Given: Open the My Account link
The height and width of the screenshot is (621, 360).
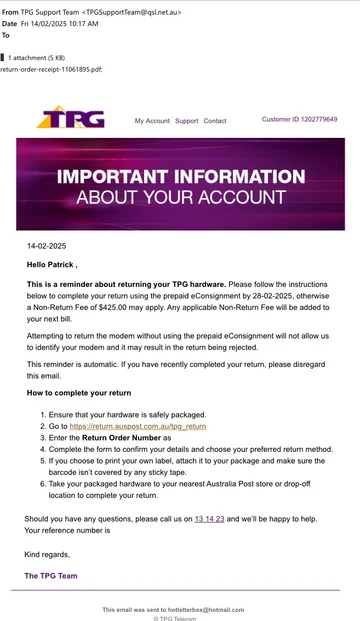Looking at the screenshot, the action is point(152,121).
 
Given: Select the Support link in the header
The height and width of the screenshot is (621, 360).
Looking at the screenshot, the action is point(186,121).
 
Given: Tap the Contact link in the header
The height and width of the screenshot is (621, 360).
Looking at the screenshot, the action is point(215,121).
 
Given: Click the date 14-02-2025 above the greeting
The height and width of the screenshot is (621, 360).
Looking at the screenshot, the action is point(46,245).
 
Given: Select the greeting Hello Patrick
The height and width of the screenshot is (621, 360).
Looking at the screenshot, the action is point(51,265).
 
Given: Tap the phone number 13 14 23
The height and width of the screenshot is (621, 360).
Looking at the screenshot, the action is point(209,519).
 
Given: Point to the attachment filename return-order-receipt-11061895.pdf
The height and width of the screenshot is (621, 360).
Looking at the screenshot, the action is point(51,70).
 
